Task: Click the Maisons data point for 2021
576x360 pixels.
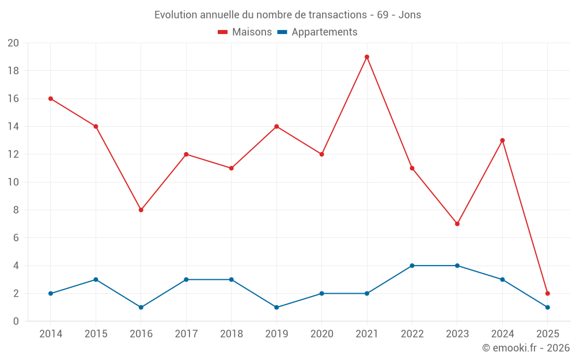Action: pos(367,57)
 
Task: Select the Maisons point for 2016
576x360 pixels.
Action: pos(141,210)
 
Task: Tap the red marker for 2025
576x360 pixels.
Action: pos(547,293)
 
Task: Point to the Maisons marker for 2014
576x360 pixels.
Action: pos(51,98)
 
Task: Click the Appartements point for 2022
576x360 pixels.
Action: pos(412,266)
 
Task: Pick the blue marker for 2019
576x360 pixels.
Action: pos(276,307)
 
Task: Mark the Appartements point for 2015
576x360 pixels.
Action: pos(96,279)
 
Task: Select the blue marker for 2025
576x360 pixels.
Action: pos(547,307)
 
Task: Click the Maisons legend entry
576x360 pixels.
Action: pos(245,32)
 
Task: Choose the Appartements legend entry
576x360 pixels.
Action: pos(317,32)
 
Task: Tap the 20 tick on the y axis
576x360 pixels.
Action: pos(13,43)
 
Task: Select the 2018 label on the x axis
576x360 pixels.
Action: pos(231,334)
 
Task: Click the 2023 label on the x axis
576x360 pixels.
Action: pos(457,334)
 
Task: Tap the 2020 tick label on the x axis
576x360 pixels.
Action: pos(321,334)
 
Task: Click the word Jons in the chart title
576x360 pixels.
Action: pos(410,15)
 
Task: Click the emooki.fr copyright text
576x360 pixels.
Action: pos(526,348)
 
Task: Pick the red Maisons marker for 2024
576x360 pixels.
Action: pos(502,141)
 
